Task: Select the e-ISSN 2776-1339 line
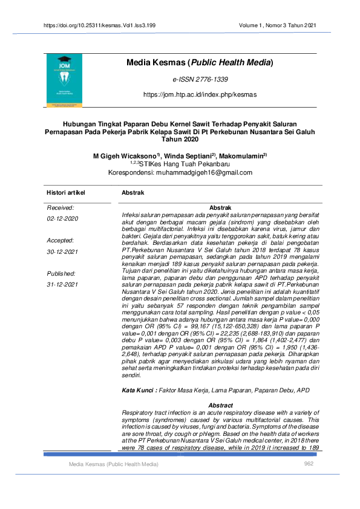tap(200, 80)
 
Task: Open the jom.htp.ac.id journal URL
tap(200, 95)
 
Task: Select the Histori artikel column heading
tap(66, 192)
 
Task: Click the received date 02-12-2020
tap(63, 218)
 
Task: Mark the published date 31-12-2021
tap(63, 284)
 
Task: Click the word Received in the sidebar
tap(61, 207)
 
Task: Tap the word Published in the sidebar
tap(62, 273)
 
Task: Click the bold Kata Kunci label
tap(140, 391)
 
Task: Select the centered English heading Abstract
tap(220, 405)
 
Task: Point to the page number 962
tap(309, 464)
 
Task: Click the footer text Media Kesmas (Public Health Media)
tap(113, 464)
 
